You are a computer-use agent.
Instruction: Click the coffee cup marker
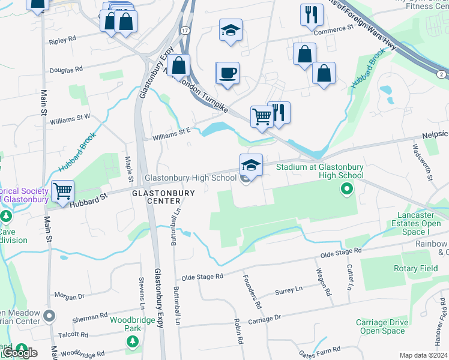point(228,74)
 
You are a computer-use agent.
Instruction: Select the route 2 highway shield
point(441,73)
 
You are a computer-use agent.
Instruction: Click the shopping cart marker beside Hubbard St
point(62,191)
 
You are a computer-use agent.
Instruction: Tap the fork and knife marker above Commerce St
point(310,15)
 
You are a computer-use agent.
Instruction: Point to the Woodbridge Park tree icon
point(131,341)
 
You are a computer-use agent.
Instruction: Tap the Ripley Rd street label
point(62,38)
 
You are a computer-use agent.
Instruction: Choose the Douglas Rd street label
point(67,70)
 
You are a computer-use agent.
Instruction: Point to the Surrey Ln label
point(288,292)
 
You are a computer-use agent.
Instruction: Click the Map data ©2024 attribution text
point(423,355)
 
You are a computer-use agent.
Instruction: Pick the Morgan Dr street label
point(70,296)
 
